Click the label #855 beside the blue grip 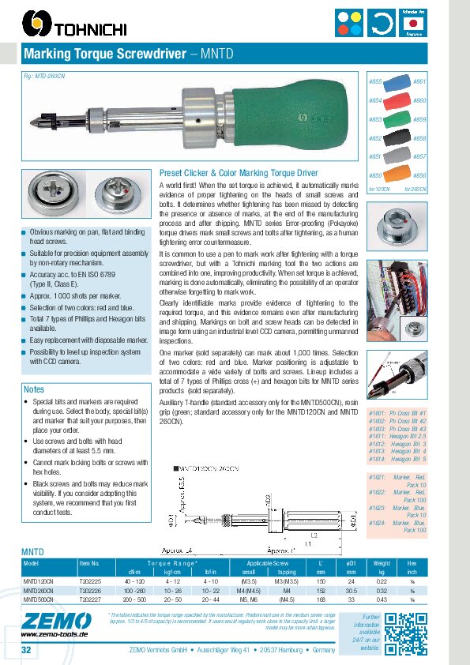[376, 82]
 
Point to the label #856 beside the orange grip [419, 175]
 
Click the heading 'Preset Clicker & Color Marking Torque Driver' [239, 172]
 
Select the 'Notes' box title [35, 389]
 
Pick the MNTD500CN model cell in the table [36, 599]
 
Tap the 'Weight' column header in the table [382, 562]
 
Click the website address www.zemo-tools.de [54, 633]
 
